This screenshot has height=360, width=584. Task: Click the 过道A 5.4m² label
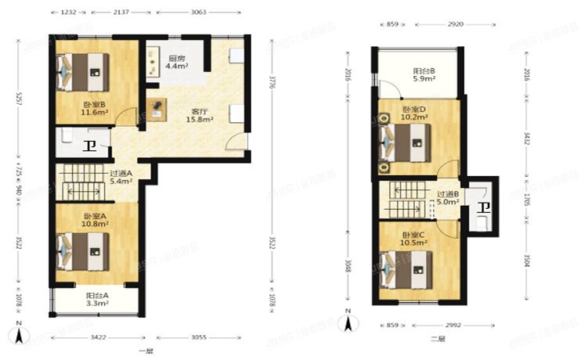(121, 177)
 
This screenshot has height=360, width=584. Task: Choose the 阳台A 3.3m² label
(97, 299)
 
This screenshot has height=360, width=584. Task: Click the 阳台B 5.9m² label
(425, 75)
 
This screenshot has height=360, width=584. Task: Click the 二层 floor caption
(438, 339)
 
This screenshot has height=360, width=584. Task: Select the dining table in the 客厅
(160, 108)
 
